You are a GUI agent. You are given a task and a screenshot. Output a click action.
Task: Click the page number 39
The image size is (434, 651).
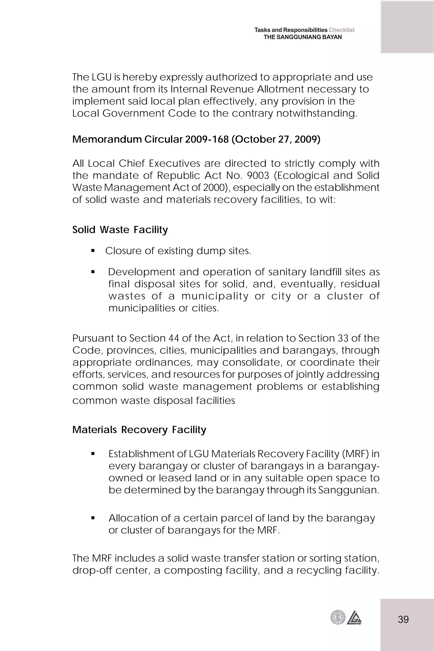coord(403,619)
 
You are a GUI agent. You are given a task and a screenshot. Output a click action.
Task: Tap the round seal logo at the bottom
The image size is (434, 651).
coord(338,618)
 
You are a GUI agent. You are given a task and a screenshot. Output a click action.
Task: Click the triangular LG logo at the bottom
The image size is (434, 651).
coord(354,618)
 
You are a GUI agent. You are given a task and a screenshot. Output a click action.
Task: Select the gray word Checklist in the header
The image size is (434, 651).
coord(342,30)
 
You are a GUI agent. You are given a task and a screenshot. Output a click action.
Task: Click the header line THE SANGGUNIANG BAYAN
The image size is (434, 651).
coord(303,37)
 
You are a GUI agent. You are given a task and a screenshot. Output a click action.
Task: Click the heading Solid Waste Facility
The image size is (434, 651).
coord(120,230)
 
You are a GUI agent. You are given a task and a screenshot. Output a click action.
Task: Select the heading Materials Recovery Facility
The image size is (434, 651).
coord(139,430)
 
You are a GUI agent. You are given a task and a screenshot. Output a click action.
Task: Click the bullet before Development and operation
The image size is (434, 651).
coord(93,272)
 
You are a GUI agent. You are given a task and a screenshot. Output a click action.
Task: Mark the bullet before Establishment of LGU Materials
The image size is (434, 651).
coord(93,454)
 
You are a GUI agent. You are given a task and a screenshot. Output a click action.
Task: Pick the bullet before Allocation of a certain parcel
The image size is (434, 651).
coord(93,518)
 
